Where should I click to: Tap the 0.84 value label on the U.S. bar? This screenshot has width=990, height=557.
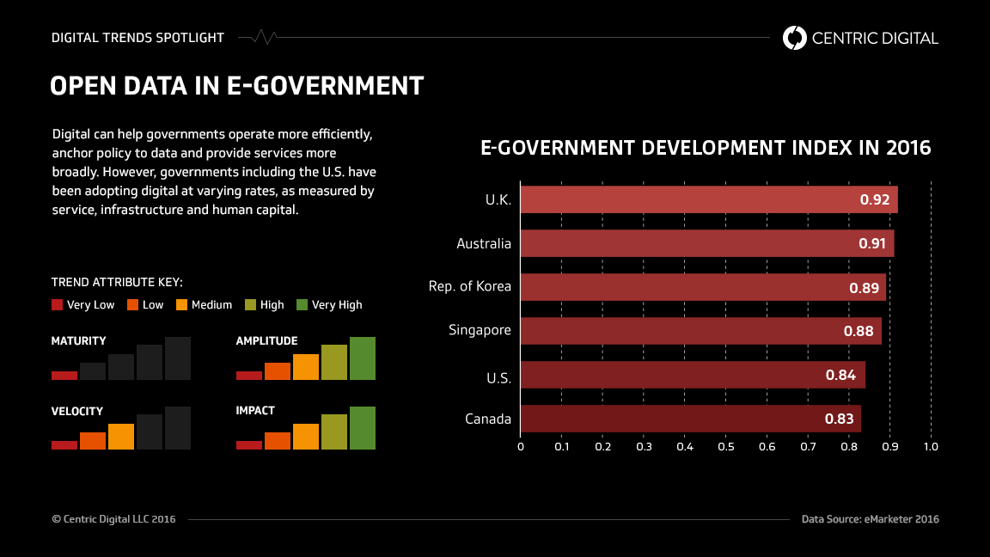(x=840, y=375)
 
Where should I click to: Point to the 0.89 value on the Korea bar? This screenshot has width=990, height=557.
(x=864, y=287)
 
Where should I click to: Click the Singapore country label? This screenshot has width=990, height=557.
(x=480, y=330)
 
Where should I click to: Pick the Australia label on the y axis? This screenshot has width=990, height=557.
(x=484, y=243)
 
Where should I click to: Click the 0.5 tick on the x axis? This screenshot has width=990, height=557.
(x=725, y=447)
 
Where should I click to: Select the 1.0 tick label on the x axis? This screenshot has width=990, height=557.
(x=930, y=447)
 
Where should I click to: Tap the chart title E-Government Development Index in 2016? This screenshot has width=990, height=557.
(x=705, y=148)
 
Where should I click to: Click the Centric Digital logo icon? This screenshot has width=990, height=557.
(x=795, y=38)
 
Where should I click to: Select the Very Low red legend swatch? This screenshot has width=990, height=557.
(x=58, y=304)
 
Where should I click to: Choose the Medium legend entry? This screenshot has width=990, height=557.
(x=204, y=304)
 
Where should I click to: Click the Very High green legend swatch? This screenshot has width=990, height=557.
(x=302, y=304)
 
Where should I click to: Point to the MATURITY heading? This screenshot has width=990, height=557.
(x=78, y=341)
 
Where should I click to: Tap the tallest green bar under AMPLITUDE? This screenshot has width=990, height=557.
(x=363, y=358)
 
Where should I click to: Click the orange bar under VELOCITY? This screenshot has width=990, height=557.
(x=121, y=437)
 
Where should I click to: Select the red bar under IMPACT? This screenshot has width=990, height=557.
(x=249, y=445)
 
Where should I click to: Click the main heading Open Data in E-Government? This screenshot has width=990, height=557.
(x=236, y=86)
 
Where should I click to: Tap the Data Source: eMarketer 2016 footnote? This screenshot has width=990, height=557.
(x=870, y=519)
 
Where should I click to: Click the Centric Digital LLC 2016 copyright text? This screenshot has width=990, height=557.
(x=113, y=519)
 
